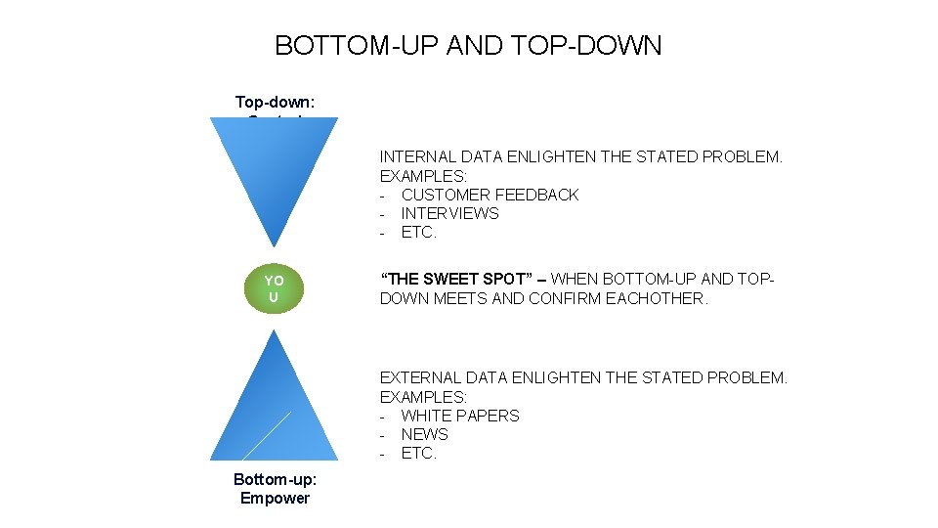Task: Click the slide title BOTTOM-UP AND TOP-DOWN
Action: [468, 46]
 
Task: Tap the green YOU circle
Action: [274, 288]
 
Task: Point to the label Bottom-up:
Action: [275, 479]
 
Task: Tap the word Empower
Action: [275, 498]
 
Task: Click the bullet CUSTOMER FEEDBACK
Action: [490, 195]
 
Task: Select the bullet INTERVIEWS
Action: [449, 213]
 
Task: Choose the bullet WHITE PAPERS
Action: [460, 416]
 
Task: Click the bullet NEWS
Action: [424, 434]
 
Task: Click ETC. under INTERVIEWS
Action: [418, 233]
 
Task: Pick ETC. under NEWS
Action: [418, 453]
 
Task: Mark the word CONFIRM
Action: [565, 298]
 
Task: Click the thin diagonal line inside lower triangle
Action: [267, 435]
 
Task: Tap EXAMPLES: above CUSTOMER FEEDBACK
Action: [423, 176]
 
